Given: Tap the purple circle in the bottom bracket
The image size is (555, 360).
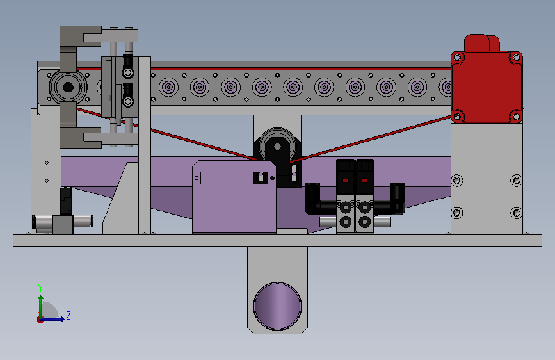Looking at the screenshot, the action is (x=278, y=306).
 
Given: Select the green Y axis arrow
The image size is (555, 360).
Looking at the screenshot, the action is (x=41, y=307).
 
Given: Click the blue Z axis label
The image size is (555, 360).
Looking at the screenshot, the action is (x=68, y=315).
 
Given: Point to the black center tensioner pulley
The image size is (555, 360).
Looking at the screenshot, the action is (x=278, y=146).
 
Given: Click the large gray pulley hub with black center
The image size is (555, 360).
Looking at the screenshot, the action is (x=68, y=87).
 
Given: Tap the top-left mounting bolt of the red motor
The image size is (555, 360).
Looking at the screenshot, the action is (x=457, y=58).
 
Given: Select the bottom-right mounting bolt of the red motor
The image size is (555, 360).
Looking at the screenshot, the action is (x=516, y=116).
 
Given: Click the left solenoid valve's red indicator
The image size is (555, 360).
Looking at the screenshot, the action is (x=346, y=181).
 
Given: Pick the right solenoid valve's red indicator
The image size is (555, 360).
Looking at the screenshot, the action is (x=365, y=181).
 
